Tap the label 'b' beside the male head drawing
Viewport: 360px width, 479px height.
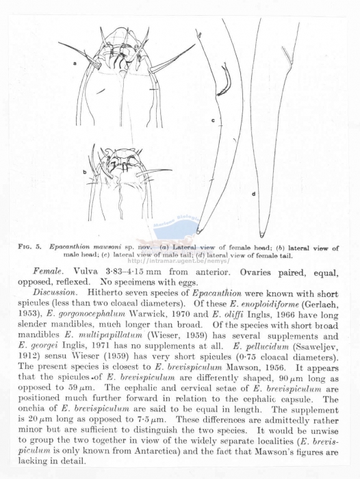pyautogui.click(x=85, y=172)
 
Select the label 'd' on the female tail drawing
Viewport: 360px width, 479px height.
pyautogui.click(x=253, y=194)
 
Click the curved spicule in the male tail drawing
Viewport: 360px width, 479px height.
pyautogui.click(x=224, y=81)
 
